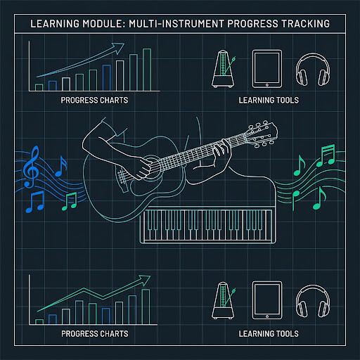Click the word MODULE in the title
pos(103,24)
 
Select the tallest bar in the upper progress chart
pos(147,70)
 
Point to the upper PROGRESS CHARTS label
pos(94,101)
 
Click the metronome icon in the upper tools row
pos(224,69)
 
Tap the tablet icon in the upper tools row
pos(267,69)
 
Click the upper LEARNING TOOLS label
pos(269,101)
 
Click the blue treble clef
pos(31,167)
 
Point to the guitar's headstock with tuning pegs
pos(261,135)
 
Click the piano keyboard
pos(207,225)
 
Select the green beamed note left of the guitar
pos(70,201)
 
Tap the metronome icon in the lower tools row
pos(224,300)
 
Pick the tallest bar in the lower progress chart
pos(146,307)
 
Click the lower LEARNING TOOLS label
pos(269,334)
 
